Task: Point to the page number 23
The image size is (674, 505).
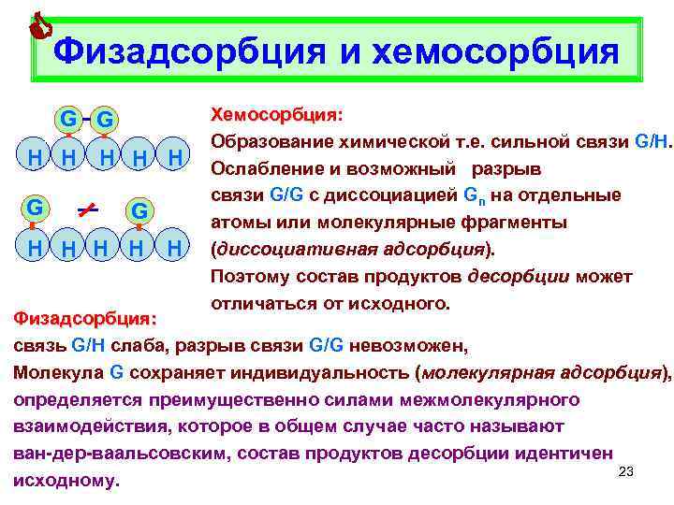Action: (626, 471)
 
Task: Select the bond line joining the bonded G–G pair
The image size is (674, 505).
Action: (86, 121)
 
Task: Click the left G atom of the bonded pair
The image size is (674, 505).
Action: (68, 120)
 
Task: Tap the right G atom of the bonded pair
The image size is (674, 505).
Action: (105, 121)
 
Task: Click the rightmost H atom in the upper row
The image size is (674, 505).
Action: (174, 158)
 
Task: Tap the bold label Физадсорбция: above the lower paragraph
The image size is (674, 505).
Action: (85, 320)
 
